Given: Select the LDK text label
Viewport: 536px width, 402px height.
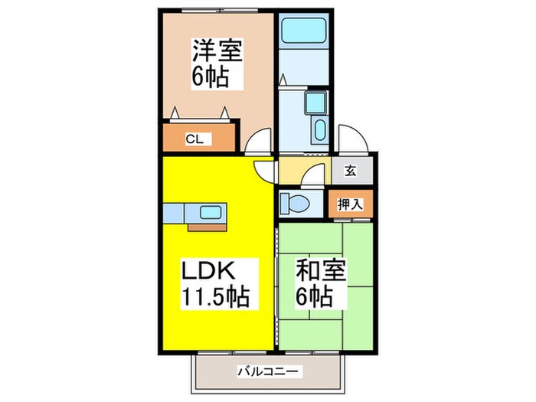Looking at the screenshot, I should pos(204,271).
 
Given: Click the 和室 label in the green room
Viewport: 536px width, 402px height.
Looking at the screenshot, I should pos(321,271).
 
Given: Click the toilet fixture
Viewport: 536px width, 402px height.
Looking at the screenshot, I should pos(294,203).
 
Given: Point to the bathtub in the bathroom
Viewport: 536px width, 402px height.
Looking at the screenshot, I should pos(302,30).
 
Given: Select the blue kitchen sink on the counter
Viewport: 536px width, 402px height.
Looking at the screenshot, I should pos(211,212).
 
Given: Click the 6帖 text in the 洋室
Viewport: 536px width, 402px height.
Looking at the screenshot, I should pos(208,77).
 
